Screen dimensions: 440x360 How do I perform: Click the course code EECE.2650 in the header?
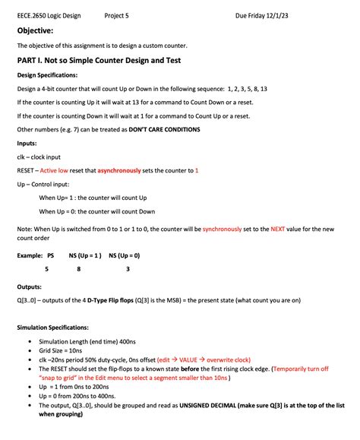click(31, 14)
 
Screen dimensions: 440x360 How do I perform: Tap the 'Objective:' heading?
click(35, 30)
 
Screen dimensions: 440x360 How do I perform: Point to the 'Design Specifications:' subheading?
click(47, 74)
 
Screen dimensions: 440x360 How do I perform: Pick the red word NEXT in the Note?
click(279, 228)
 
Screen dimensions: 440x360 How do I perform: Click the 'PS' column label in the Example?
click(51, 255)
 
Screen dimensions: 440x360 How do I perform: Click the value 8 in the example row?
click(79, 269)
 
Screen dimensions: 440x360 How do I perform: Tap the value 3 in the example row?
click(128, 269)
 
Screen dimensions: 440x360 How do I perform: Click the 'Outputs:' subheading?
click(30, 286)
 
